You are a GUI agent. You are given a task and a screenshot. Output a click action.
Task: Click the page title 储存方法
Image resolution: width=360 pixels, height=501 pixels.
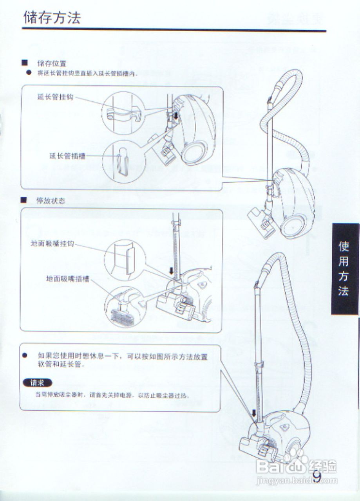pyautogui.click(x=52, y=18)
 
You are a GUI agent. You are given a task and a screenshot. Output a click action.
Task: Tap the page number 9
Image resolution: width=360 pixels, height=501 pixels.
pyautogui.click(x=317, y=476)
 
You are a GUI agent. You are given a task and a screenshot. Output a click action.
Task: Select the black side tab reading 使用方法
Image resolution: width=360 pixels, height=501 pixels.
pyautogui.click(x=344, y=269)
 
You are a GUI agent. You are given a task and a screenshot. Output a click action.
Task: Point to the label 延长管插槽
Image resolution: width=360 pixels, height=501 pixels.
pyautogui.click(x=67, y=155)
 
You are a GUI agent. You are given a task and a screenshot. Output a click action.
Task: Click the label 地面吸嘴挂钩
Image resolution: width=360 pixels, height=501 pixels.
pyautogui.click(x=52, y=243)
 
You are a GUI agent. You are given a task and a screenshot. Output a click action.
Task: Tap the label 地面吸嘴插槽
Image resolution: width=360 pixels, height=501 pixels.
pyautogui.click(x=67, y=279)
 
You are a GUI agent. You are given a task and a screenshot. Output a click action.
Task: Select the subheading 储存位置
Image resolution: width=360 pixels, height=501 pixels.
pyautogui.click(x=52, y=63)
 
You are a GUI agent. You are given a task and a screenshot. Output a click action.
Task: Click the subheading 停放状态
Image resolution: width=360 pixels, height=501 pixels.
pyautogui.click(x=51, y=201)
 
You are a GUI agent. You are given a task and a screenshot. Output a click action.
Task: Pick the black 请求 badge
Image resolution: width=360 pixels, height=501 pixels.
pyautogui.click(x=38, y=383)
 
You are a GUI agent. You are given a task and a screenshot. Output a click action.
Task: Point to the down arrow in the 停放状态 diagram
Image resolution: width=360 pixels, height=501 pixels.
pyautogui.click(x=171, y=271)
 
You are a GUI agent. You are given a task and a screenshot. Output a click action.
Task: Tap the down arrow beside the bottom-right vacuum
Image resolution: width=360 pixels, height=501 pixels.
pyautogui.click(x=254, y=413)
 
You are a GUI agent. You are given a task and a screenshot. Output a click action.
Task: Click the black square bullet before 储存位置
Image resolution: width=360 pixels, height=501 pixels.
pyautogui.click(x=24, y=63)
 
